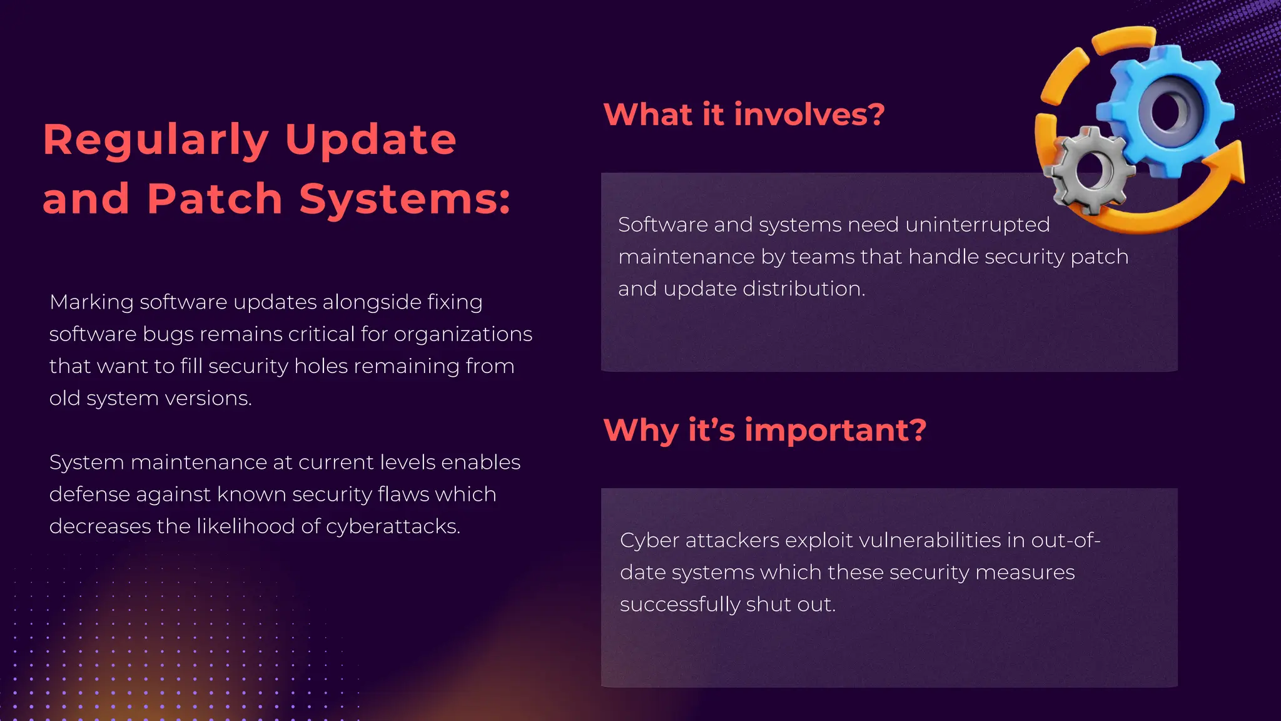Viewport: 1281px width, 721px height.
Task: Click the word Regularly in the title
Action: [x=156, y=140]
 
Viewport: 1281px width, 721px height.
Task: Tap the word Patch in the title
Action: [x=215, y=199]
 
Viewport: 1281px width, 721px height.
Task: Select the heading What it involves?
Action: [x=744, y=115]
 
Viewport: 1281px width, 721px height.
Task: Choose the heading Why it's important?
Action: [x=764, y=430]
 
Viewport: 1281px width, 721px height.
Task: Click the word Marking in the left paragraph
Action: [x=91, y=302]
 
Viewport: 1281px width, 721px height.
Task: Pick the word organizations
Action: [x=463, y=334]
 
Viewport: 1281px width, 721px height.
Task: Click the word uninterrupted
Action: [x=977, y=225]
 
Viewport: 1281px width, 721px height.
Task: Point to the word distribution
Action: [x=803, y=289]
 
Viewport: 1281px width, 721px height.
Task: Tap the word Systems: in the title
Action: [x=405, y=199]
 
